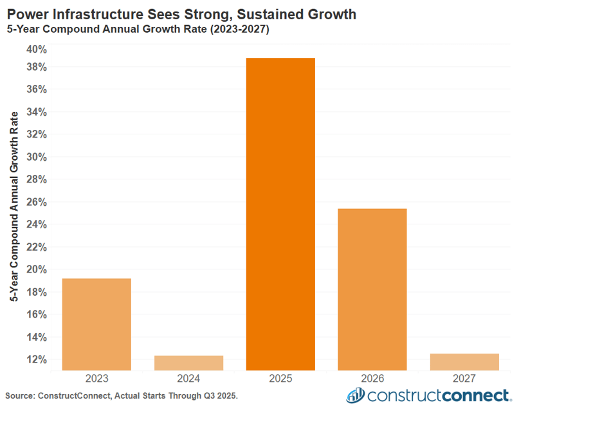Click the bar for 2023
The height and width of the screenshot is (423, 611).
click(96, 324)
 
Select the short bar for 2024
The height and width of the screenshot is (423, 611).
click(188, 363)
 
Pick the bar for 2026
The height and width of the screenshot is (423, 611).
click(372, 289)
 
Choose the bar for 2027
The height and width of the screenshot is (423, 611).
click(464, 362)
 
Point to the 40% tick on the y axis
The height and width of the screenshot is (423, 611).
click(36, 50)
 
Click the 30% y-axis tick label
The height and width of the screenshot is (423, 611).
click(36, 157)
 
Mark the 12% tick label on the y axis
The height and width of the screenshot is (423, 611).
click(36, 359)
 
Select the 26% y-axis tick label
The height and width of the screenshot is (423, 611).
click(36, 202)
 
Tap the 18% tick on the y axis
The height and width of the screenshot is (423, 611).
click(36, 292)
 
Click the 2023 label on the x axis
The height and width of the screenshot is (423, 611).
click(96, 379)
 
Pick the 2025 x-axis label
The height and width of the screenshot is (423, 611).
click(280, 379)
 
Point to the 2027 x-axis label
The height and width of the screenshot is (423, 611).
click(464, 379)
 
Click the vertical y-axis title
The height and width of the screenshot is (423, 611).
click(14, 206)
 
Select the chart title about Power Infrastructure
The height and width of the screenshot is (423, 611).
click(181, 14)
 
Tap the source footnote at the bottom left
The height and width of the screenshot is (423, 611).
click(122, 396)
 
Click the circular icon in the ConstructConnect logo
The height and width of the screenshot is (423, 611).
click(355, 395)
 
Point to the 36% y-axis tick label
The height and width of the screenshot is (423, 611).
click(36, 89)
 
